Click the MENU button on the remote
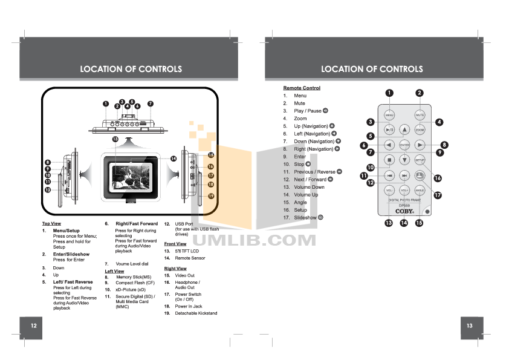(389, 114)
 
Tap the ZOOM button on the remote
(420, 129)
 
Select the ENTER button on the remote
(404, 145)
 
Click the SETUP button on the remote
(420, 160)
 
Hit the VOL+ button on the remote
(404, 191)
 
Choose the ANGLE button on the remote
(420, 191)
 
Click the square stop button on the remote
(389, 160)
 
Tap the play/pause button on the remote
(389, 129)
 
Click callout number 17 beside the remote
(438, 195)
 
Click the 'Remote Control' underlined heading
(302, 88)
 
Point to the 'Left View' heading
(114, 272)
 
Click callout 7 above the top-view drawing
(151, 103)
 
